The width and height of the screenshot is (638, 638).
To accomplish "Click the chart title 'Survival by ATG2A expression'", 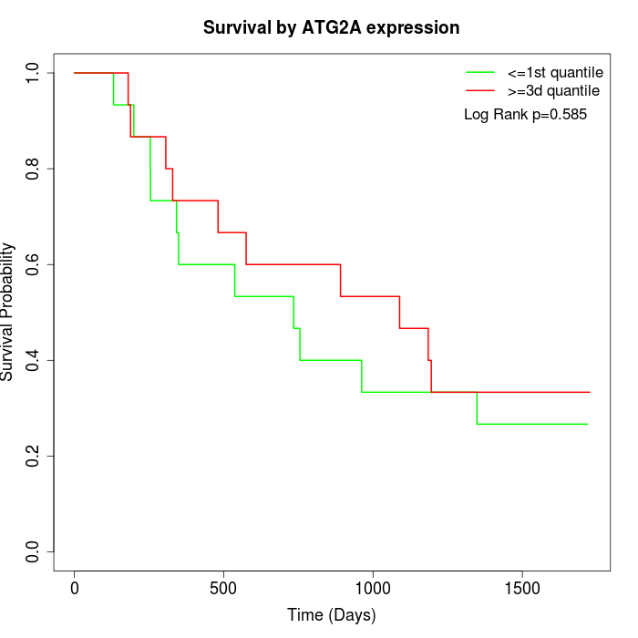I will coord(331,28).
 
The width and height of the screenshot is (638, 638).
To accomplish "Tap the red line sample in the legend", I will coord(479,90).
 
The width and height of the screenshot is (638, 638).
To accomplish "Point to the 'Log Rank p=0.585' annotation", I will coord(525,115).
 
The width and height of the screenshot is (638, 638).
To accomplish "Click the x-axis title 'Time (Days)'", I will coord(331,615).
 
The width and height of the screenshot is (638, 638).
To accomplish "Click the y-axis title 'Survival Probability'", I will coord(8,312).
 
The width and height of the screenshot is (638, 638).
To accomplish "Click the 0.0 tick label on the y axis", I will coord(34,551).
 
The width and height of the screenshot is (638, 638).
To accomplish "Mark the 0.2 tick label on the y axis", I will coord(34,456).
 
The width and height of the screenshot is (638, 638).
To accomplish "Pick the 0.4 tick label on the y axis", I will coord(34,360).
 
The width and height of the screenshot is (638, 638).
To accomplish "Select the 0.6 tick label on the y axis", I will coord(34,264).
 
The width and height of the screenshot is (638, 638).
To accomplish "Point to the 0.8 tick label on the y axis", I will coord(34,169).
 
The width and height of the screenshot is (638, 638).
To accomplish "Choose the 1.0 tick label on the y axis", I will coord(34,73).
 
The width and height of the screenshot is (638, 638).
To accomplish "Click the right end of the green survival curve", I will coord(587,424).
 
